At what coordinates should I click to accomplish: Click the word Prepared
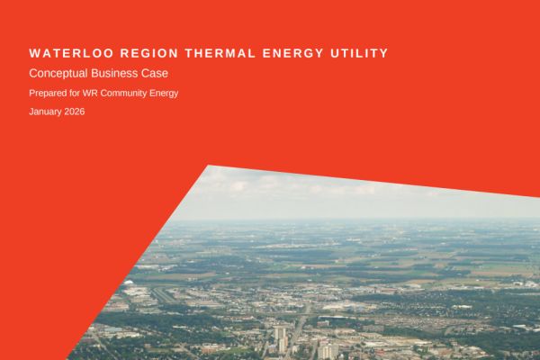(47, 93)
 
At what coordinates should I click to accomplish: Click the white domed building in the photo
(132, 292)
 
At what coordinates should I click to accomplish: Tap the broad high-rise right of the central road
(329, 350)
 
